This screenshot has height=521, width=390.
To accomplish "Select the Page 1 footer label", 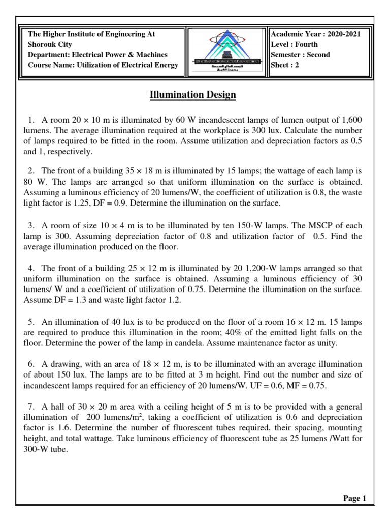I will pos(354,498).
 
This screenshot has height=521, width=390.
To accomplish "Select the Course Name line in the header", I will pos(103,65).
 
